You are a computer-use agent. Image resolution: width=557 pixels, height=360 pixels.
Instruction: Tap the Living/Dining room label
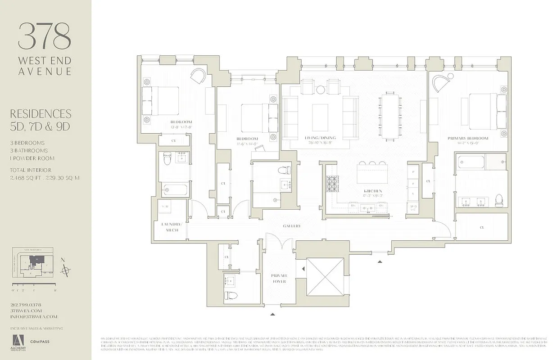(x=320, y=138)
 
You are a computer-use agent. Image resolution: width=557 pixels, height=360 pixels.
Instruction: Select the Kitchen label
(x=373, y=191)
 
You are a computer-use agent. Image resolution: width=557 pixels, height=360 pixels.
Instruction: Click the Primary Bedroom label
(x=468, y=138)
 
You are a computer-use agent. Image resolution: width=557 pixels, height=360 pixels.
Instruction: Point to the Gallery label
(x=291, y=226)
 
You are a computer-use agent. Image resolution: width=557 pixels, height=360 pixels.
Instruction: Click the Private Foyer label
(x=279, y=278)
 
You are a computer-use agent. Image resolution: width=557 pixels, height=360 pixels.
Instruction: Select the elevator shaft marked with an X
(x=325, y=277)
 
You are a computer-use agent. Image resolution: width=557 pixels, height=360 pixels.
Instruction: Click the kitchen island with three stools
(x=372, y=173)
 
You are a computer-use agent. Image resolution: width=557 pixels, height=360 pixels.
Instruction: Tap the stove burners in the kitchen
(x=332, y=184)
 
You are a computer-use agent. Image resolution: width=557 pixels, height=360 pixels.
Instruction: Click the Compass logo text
(x=40, y=342)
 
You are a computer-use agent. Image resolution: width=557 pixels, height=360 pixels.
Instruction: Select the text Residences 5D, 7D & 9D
(x=41, y=120)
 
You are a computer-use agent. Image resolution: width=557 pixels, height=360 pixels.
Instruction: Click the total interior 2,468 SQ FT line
(x=45, y=178)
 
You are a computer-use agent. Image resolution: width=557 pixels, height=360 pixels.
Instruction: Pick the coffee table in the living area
(x=320, y=111)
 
